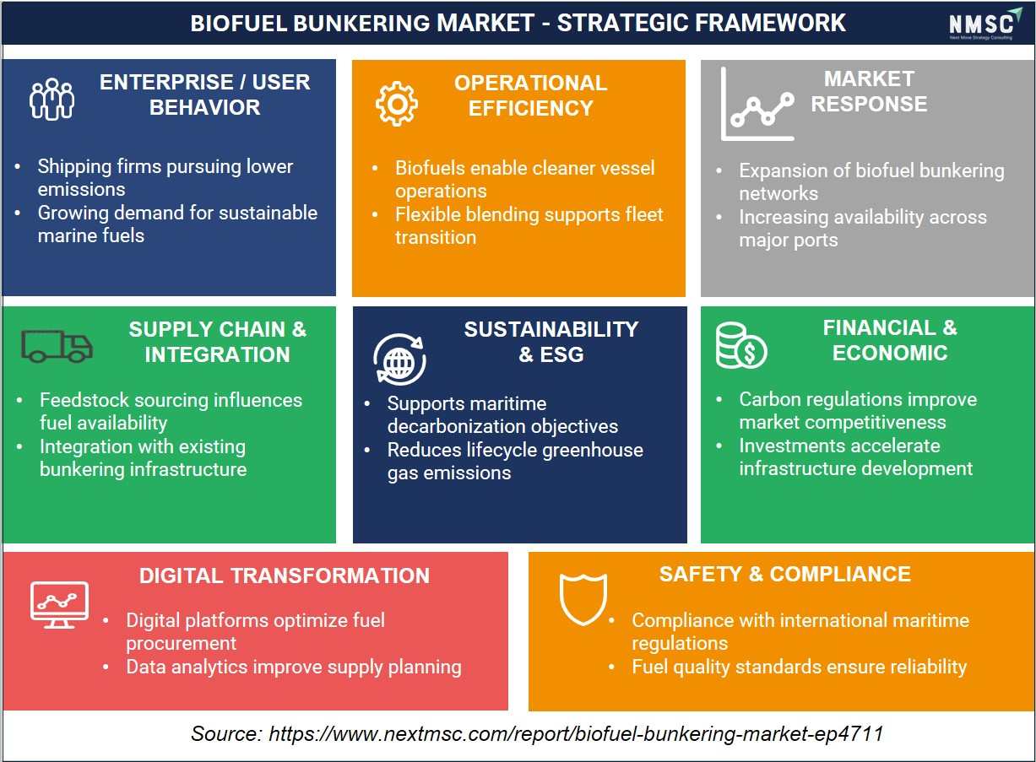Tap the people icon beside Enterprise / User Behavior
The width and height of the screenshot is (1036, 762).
pyautogui.click(x=52, y=99)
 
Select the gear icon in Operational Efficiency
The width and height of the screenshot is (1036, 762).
pyautogui.click(x=396, y=104)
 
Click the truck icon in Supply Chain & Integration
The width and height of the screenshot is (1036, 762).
pyautogui.click(x=57, y=346)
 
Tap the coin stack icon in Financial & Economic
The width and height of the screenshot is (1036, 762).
pyautogui.click(x=741, y=346)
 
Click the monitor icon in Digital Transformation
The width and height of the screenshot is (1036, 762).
pyautogui.click(x=59, y=605)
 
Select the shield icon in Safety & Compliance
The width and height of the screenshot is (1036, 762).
pyautogui.click(x=583, y=599)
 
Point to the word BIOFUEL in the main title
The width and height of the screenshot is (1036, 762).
pyautogui.click(x=239, y=23)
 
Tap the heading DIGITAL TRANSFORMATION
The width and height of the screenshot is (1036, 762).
pyautogui.click(x=285, y=576)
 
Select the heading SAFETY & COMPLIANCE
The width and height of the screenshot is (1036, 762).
pyautogui.click(x=785, y=575)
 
